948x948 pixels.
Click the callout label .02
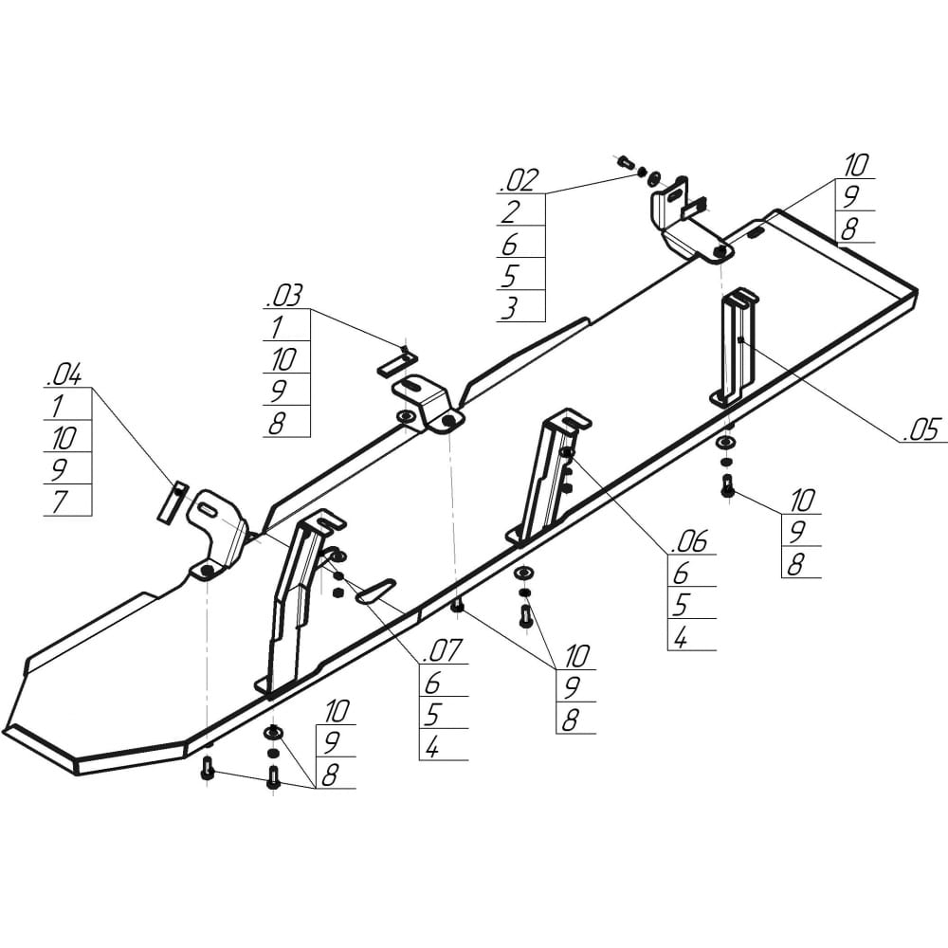pyautogui.click(x=520, y=181)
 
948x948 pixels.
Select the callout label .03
pyautogui.click(x=284, y=296)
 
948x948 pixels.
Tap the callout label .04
pyautogui.click(x=64, y=375)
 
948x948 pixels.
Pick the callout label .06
pyautogui.click(x=689, y=541)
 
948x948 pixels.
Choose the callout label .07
pyautogui.click(x=443, y=650)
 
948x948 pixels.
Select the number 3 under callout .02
pyautogui.click(x=509, y=307)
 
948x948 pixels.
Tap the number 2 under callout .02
pyautogui.click(x=511, y=211)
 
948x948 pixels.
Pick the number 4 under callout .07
pyautogui.click(x=432, y=747)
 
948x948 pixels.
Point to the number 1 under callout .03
pyautogui.click(x=276, y=328)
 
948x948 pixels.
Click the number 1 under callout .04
pyautogui.click(x=58, y=407)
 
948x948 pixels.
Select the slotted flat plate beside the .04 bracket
pyautogui.click(x=172, y=501)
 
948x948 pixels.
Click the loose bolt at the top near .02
pyautogui.click(x=625, y=162)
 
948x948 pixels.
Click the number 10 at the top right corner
pyautogui.click(x=857, y=164)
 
